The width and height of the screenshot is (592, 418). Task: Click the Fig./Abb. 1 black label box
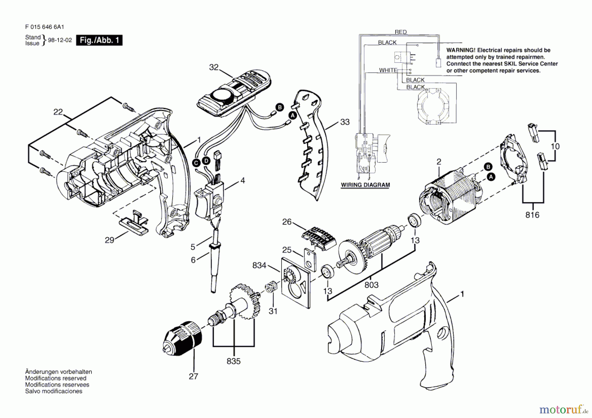pos(99,40)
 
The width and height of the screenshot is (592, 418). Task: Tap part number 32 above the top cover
pos(214,67)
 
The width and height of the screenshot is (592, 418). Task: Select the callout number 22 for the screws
pos(58,112)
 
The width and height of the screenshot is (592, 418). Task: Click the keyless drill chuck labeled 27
pos(183,339)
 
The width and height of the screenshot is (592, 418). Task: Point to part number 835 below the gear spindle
pos(234,361)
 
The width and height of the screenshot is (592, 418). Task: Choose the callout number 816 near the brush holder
pos(532,215)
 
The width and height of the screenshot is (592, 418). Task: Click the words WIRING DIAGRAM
pos(365,185)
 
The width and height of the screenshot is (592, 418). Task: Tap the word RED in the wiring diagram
pos(401,32)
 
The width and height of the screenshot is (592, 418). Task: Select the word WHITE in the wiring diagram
pos(388,70)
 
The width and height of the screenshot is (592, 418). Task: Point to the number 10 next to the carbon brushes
pos(555,146)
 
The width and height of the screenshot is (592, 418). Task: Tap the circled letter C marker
pos(196,163)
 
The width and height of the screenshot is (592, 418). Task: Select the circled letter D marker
pos(206,161)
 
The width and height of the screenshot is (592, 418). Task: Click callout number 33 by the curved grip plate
pos(345,122)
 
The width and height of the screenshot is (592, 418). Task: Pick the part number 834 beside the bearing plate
pos(259,265)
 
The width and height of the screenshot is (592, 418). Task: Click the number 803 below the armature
pos(371,285)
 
